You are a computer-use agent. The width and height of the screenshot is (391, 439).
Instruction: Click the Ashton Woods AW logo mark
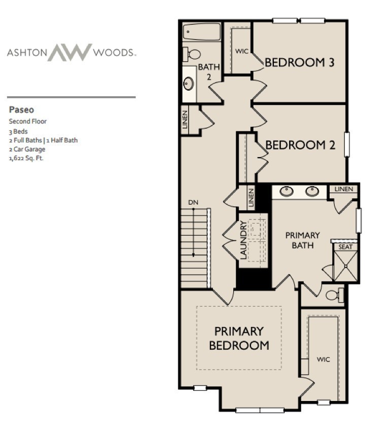pos(70,52)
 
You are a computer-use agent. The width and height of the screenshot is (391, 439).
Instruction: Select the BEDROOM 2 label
pos(300,145)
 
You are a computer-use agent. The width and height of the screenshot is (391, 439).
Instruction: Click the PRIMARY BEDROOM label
pos(239,338)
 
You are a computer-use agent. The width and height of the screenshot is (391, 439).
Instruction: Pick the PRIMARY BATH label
pos(302,240)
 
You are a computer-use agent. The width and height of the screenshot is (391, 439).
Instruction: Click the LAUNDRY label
pos(243,240)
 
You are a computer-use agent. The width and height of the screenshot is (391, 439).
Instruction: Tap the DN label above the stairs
pos(193,203)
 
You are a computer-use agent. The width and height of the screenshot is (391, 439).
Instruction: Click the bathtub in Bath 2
pos(202,32)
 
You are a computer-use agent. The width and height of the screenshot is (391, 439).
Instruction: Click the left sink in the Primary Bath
pos(287,192)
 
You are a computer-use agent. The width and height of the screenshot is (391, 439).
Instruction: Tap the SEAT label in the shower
pos(345,247)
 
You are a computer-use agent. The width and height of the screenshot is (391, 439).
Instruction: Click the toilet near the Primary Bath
pos(334,295)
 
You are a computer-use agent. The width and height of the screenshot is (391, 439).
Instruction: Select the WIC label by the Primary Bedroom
pos(324,359)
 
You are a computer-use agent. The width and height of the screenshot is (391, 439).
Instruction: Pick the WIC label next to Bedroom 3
pos(240,51)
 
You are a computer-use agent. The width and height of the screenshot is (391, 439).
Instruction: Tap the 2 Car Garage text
pos(27,149)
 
